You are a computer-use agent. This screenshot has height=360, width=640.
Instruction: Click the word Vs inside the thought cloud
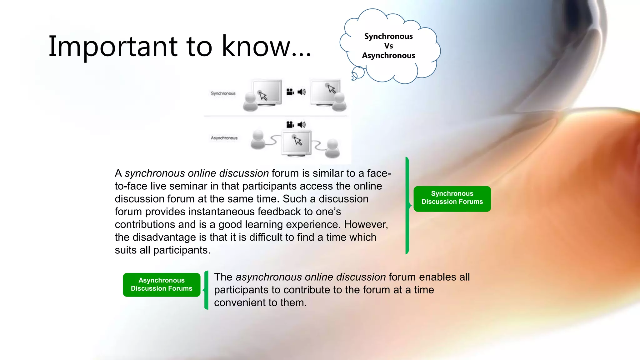(388, 46)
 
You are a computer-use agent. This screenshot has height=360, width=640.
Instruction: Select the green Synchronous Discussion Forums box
(452, 199)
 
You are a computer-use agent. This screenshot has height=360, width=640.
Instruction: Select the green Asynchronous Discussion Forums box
(162, 285)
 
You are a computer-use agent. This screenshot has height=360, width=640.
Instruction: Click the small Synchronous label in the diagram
(223, 93)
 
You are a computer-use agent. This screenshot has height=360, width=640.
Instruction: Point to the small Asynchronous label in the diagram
(224, 138)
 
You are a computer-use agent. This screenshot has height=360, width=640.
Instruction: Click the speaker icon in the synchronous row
(302, 92)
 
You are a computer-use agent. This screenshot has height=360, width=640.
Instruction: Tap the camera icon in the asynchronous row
(290, 125)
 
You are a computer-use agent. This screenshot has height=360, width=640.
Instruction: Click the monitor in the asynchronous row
(296, 142)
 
